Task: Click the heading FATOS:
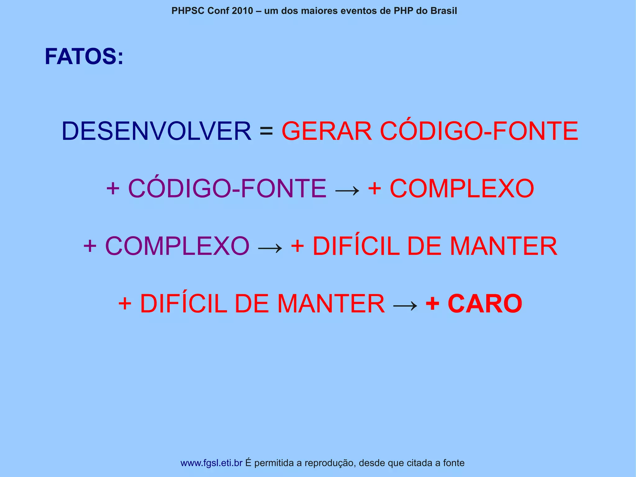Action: (84, 57)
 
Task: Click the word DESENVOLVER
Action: (156, 131)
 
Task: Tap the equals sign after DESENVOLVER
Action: (266, 131)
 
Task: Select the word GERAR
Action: (326, 131)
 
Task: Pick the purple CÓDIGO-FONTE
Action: (227, 188)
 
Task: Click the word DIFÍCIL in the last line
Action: (184, 304)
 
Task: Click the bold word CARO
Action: (485, 304)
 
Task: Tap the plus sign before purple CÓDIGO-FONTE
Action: (113, 188)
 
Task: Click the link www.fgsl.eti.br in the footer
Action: (211, 463)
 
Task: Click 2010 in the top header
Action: (242, 11)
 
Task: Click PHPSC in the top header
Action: (188, 11)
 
